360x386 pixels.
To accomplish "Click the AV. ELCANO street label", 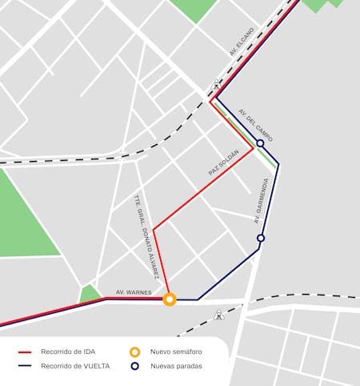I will click(241, 42).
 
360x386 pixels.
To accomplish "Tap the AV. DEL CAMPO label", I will click(256, 126).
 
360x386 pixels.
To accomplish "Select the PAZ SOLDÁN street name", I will click(224, 163).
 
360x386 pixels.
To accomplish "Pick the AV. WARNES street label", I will click(134, 292).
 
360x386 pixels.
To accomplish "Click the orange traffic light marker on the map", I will click(170, 300).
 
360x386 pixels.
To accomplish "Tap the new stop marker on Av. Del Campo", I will click(260, 143).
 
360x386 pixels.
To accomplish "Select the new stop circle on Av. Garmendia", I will click(260, 238).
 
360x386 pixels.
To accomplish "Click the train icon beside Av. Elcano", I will click(216, 85).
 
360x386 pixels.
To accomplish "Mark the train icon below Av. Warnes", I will click(219, 316).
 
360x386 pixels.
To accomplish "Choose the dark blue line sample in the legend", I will click(25, 366).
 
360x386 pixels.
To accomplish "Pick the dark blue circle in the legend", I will click(134, 366).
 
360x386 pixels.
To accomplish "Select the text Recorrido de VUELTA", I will click(75, 366).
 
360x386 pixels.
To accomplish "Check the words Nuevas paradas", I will click(176, 366).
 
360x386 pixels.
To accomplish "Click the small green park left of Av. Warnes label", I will click(90, 293).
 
